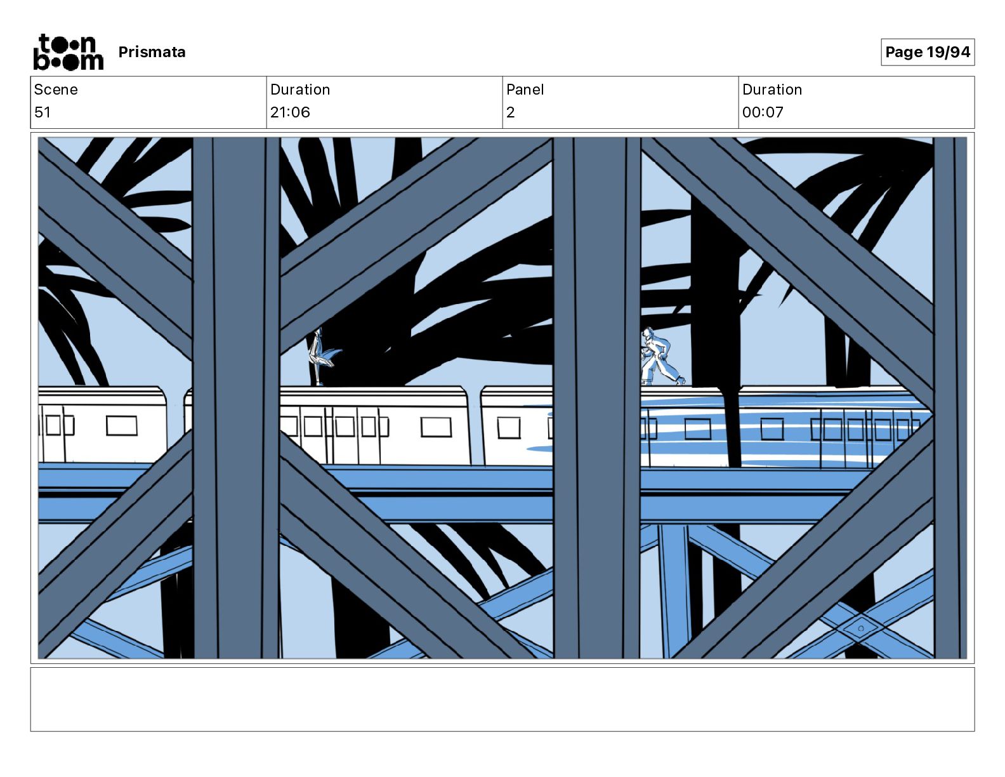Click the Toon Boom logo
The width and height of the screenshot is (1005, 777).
[x=69, y=52]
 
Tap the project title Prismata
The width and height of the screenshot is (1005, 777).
[x=152, y=52]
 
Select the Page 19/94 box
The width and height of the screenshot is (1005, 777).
[x=928, y=52]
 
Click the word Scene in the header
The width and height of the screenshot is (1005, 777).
[x=56, y=90]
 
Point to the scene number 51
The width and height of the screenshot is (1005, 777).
[x=42, y=112]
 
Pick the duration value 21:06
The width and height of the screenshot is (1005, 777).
[x=290, y=112]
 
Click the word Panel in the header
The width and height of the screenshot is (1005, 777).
[x=525, y=90]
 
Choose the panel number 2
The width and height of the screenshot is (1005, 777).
[x=511, y=112]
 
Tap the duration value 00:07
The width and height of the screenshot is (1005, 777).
[x=763, y=112]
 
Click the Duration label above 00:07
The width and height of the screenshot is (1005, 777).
[x=772, y=90]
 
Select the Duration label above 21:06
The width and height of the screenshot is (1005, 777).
[x=300, y=90]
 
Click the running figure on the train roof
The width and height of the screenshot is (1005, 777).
[x=660, y=356]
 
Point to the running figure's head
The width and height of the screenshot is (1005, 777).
[x=648, y=333]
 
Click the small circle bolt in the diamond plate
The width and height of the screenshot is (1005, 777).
[x=861, y=628]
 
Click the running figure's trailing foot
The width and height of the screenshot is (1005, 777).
[x=680, y=380]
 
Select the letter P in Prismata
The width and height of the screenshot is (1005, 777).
[x=124, y=52]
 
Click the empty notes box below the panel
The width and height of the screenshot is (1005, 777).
[x=503, y=700]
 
